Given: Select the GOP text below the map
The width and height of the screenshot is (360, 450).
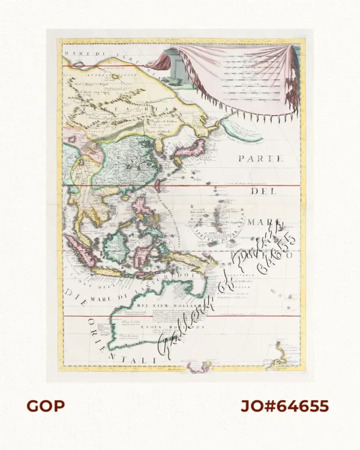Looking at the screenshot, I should pos(45,406).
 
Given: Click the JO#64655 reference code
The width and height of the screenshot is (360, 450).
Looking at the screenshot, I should pos(284,406).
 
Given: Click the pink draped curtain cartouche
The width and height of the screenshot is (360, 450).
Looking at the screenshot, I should pos(240,75).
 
